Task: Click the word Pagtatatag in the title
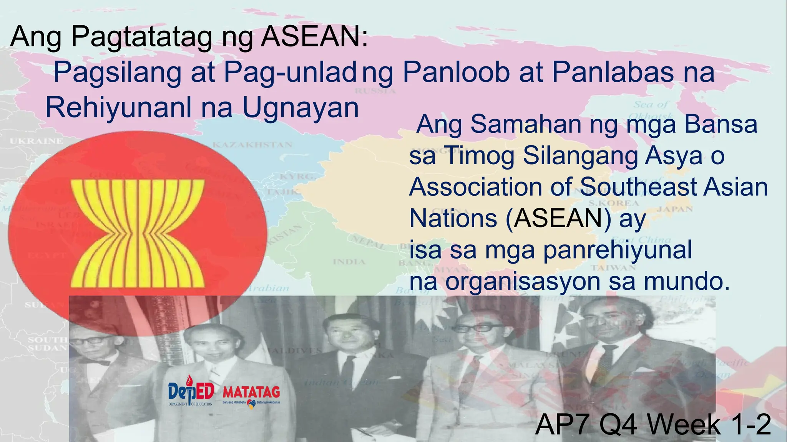pos(141,37)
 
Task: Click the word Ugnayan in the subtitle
pos(301,108)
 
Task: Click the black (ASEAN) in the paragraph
pos(558,218)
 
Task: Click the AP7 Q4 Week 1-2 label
pos(653,425)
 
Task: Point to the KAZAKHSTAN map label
pos(252,145)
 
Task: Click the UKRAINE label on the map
pos(37,141)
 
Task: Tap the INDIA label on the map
pos(349,262)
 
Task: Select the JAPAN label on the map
pos(675,209)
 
